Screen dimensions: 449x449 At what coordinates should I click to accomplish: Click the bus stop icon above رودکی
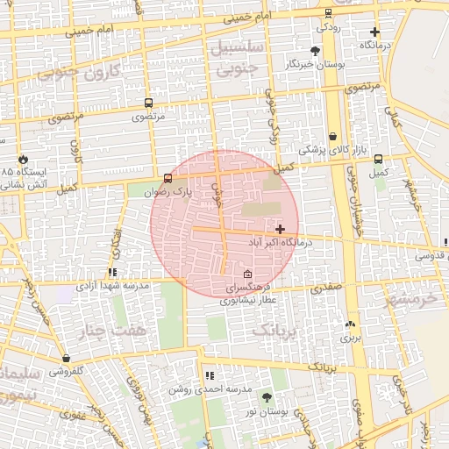click(328, 13)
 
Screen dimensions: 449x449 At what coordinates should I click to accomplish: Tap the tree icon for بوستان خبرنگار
click(316, 51)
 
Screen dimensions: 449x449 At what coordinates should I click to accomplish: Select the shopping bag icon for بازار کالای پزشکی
click(333, 136)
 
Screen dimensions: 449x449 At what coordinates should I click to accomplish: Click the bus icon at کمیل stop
click(378, 160)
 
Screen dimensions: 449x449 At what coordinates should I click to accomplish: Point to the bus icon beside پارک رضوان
click(168, 178)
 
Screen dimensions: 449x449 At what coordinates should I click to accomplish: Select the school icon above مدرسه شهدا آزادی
click(111, 273)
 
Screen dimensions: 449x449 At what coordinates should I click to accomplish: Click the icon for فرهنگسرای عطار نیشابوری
click(248, 274)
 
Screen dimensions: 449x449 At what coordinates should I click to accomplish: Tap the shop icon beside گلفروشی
click(67, 358)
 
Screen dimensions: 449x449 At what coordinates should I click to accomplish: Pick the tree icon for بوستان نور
click(242, 396)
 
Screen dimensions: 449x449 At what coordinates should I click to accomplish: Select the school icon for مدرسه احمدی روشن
click(210, 375)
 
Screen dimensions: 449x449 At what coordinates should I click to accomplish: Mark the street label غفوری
click(73, 416)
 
